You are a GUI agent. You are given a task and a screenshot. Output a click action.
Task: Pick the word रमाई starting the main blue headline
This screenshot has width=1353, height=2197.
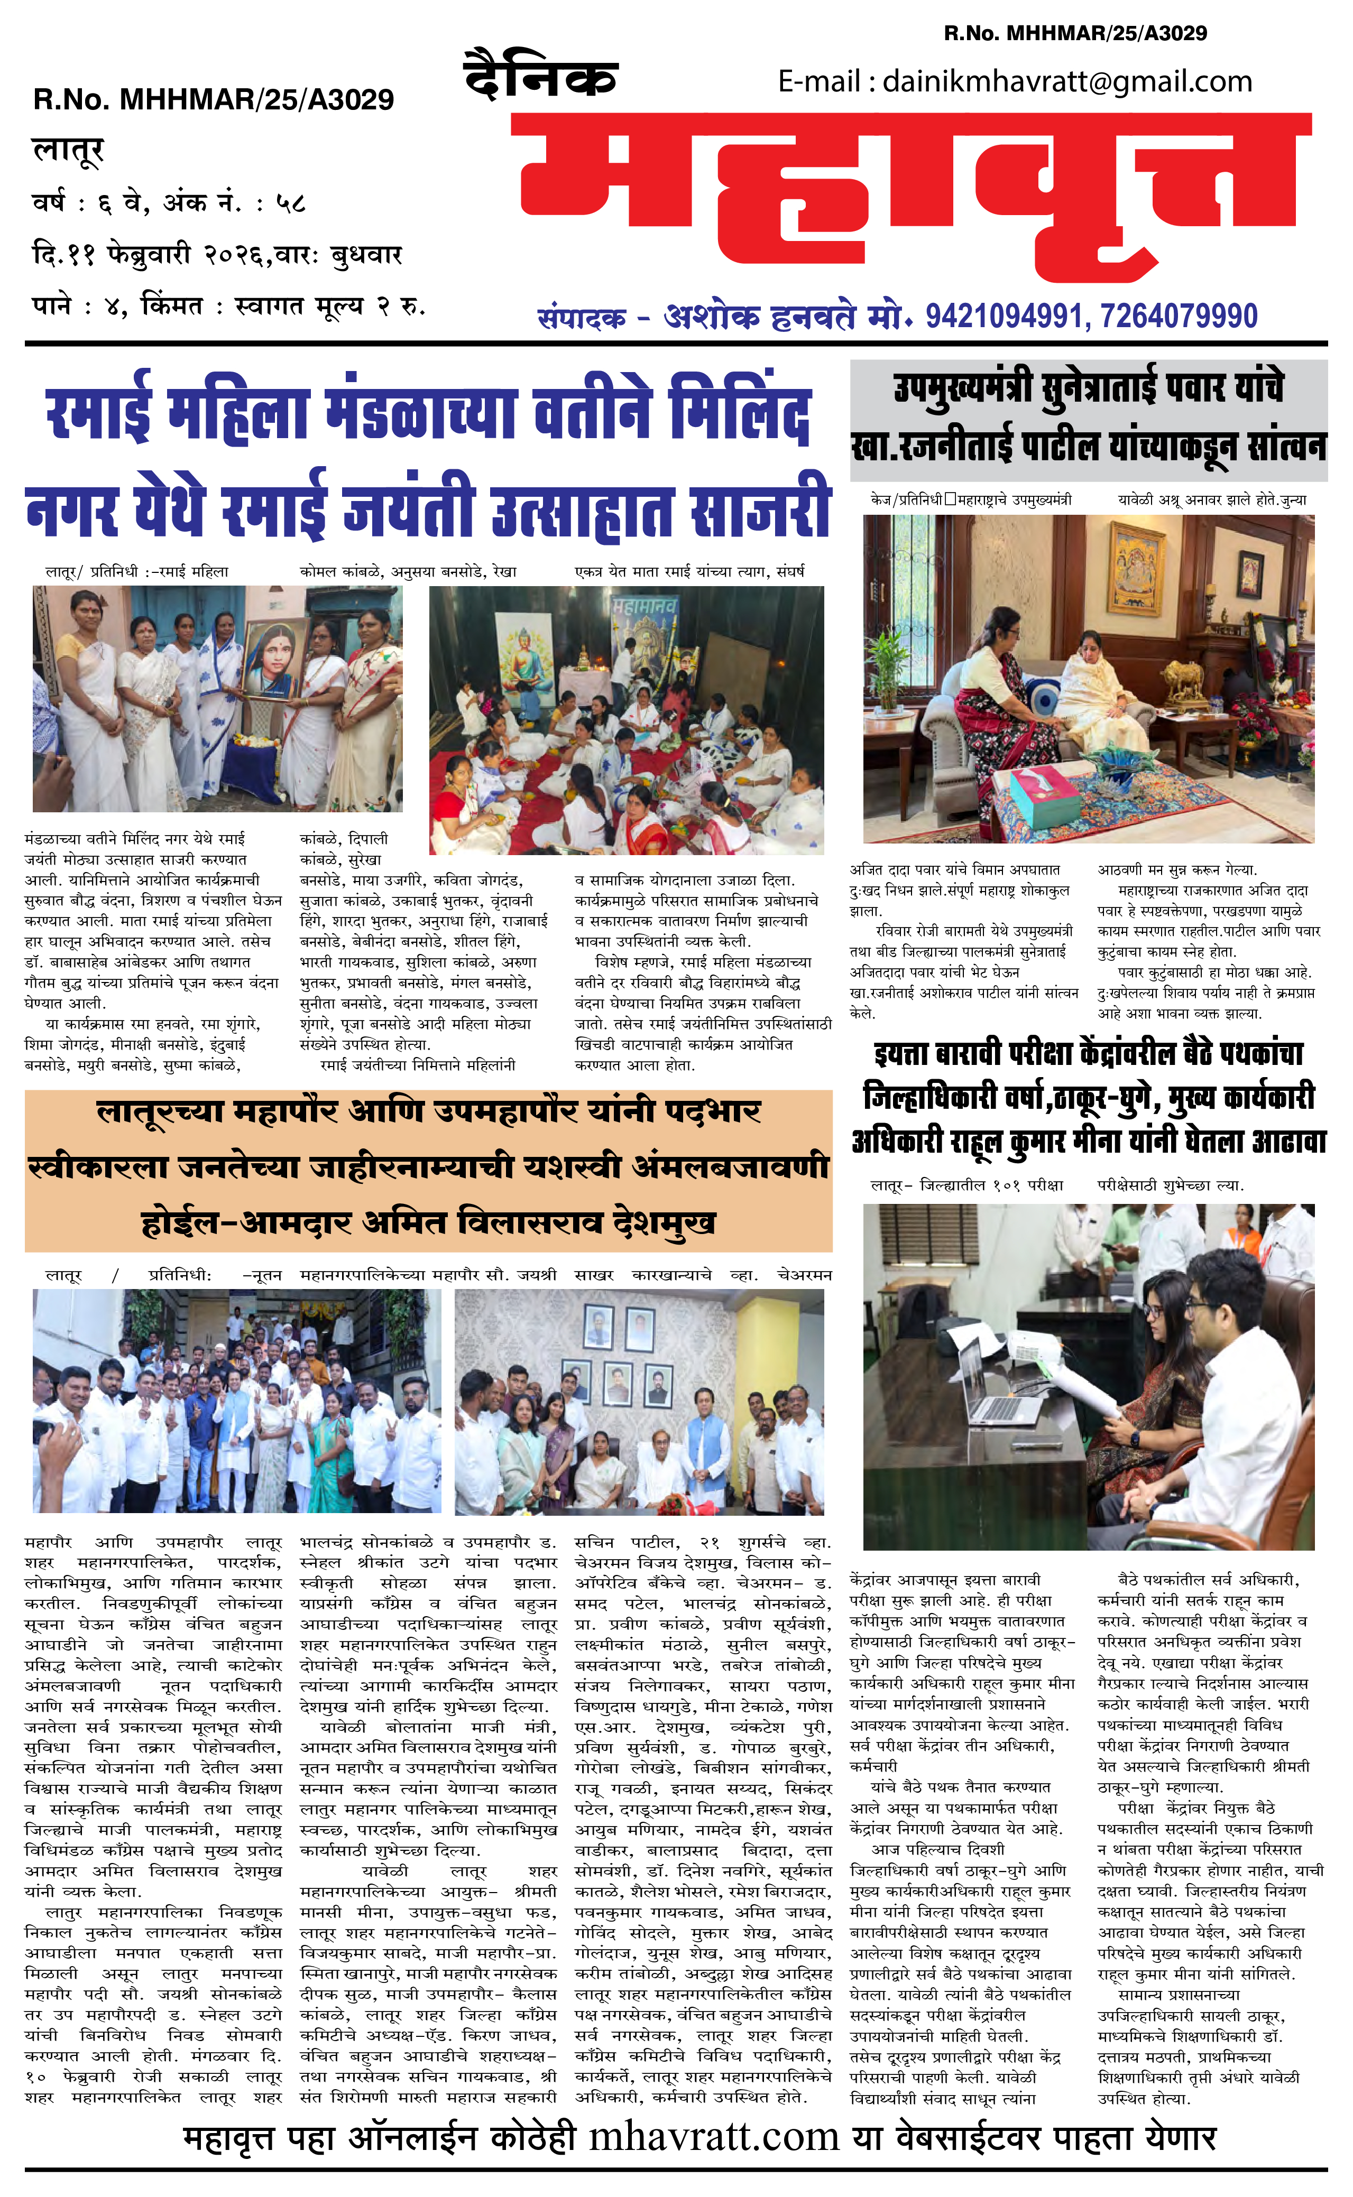[98, 414]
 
